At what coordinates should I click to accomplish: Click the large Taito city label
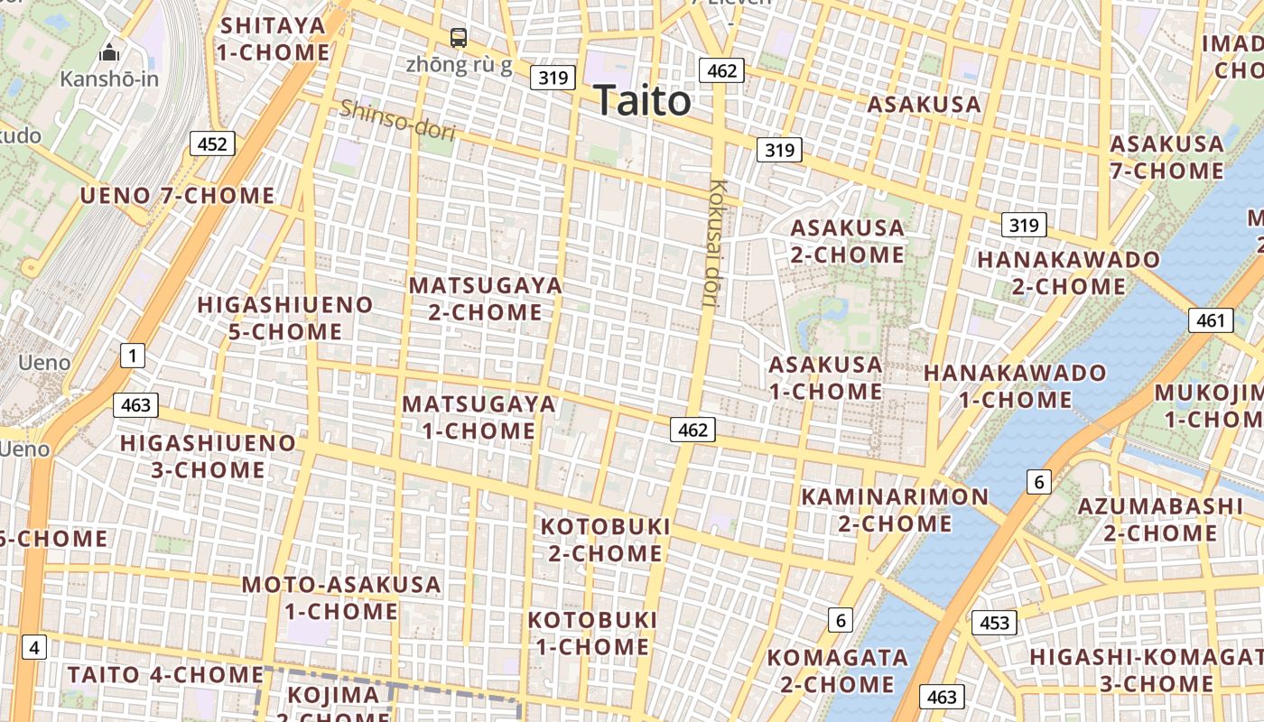(x=643, y=101)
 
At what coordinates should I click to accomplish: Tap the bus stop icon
(x=459, y=38)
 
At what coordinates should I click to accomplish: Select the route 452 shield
(x=212, y=143)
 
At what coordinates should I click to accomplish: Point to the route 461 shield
(x=1210, y=320)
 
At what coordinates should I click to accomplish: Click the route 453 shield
(x=994, y=623)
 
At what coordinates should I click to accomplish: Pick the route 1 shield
(x=133, y=356)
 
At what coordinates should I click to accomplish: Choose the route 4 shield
(x=34, y=647)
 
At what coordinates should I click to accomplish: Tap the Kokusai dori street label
(x=717, y=244)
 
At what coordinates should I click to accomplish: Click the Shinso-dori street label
(x=397, y=120)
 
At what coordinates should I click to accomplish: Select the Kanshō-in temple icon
(x=109, y=53)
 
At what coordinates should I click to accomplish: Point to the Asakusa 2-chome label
(x=847, y=241)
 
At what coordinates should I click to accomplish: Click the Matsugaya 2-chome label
(x=486, y=299)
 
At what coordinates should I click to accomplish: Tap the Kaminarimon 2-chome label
(x=895, y=510)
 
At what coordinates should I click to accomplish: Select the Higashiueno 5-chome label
(x=284, y=318)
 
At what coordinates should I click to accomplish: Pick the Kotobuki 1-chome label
(x=592, y=634)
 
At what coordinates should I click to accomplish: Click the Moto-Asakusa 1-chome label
(x=341, y=597)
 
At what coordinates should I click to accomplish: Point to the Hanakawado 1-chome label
(x=1015, y=385)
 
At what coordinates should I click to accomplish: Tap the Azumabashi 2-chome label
(x=1160, y=519)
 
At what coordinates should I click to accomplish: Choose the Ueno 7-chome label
(x=177, y=196)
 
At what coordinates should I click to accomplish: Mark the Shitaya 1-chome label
(x=273, y=39)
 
